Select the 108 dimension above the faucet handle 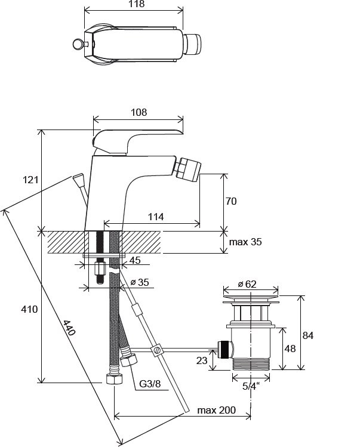click(139, 112)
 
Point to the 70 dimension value click(231, 202)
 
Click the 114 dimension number click(156, 217)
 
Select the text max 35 click(245, 242)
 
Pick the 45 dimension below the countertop click(136, 260)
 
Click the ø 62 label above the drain click(251, 284)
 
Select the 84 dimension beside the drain click(307, 335)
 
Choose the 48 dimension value click(290, 349)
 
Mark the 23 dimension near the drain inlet click(202, 360)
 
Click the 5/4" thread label click(251, 386)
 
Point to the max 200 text click(216, 410)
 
